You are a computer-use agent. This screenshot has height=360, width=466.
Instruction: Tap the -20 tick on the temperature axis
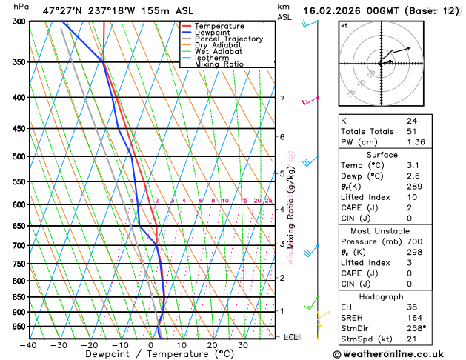[89, 344]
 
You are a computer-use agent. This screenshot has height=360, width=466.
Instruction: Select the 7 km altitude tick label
[282, 99]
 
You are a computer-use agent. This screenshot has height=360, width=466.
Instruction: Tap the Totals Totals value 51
[412, 131]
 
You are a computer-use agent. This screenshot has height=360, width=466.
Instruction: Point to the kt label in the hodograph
[344, 25]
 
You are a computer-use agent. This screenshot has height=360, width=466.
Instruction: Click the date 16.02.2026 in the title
[333, 10]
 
